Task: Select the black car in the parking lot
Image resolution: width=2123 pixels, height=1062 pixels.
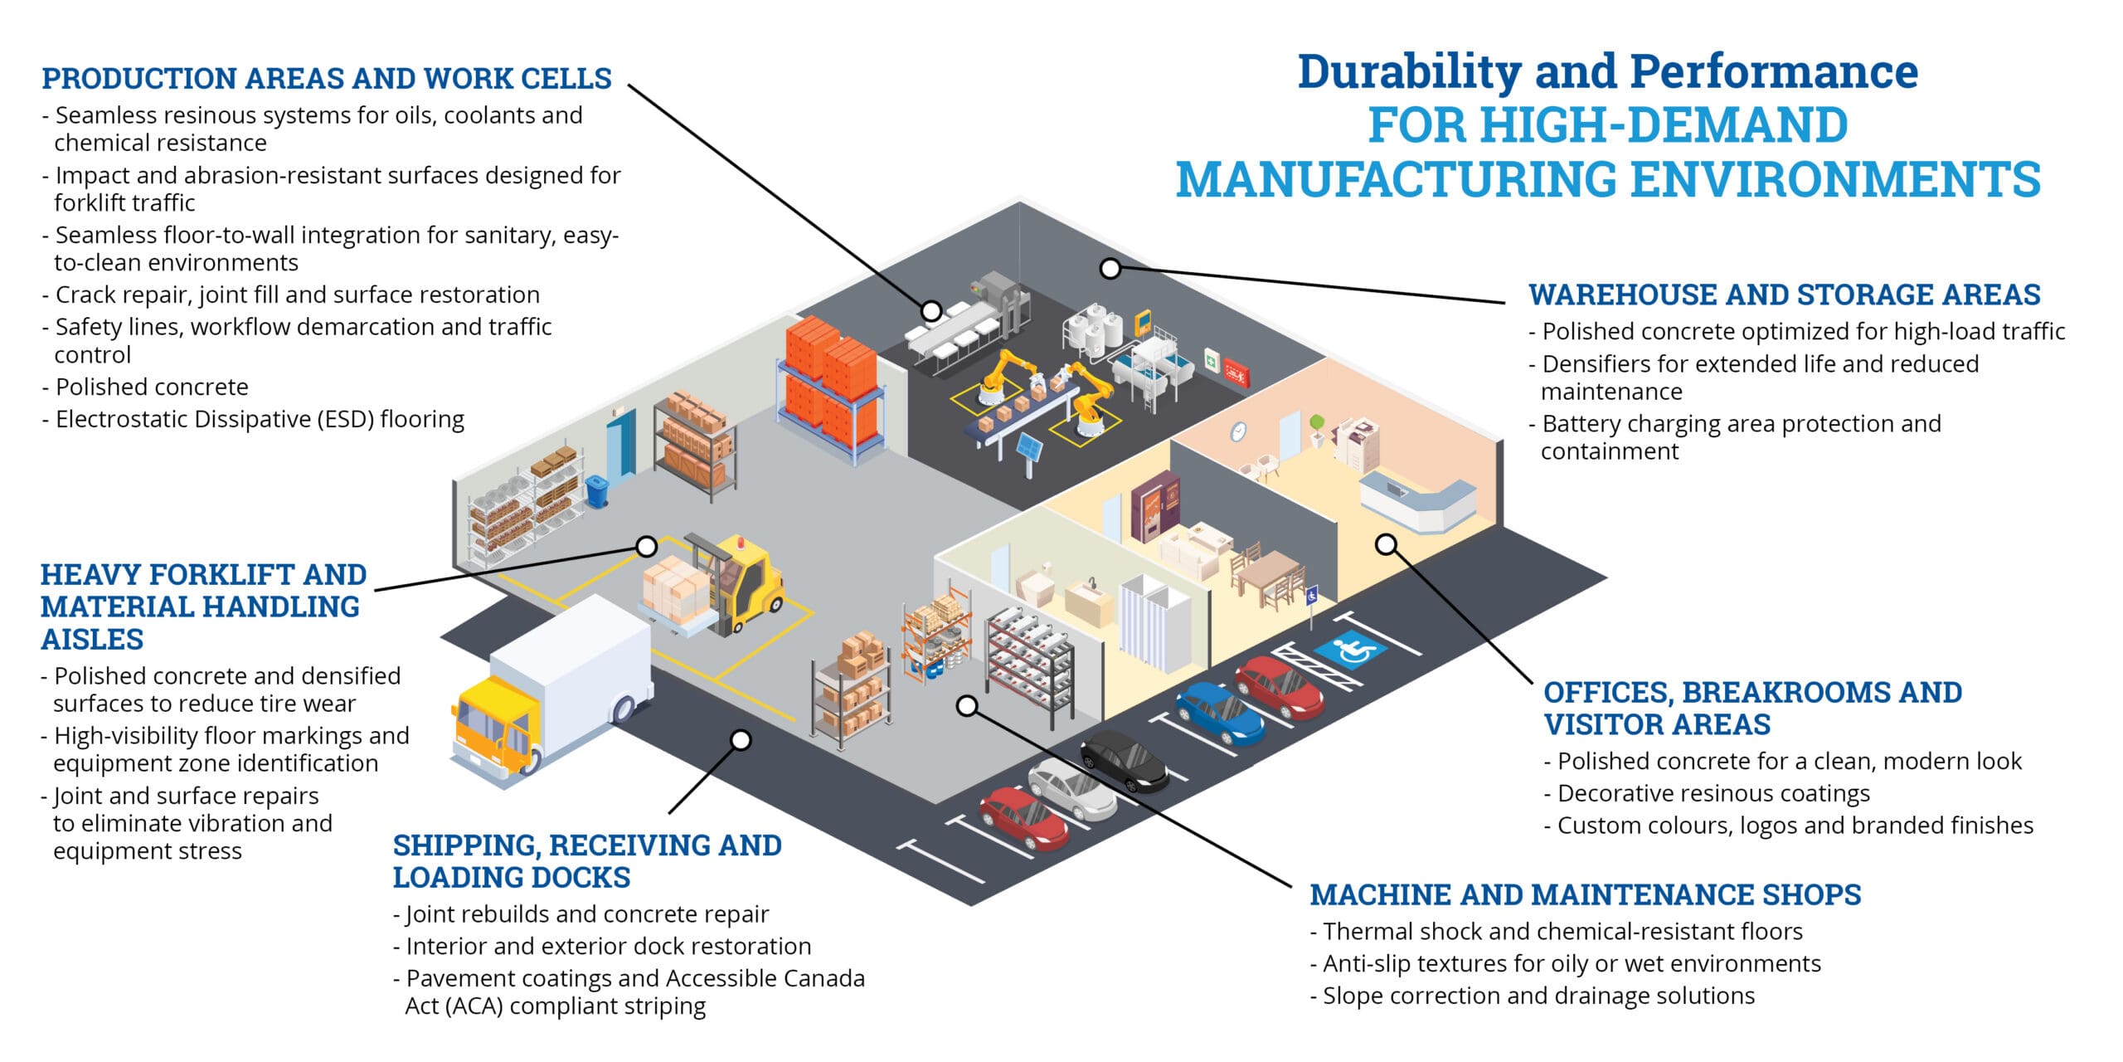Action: click(x=1125, y=760)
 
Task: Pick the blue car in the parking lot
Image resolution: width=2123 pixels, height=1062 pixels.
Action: click(x=1220, y=713)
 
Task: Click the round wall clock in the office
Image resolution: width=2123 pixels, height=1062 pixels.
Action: click(x=1237, y=431)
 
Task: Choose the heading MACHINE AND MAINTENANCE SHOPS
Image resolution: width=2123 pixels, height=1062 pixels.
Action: click(x=1586, y=894)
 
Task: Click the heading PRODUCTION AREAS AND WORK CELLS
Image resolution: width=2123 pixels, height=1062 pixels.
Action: click(x=327, y=78)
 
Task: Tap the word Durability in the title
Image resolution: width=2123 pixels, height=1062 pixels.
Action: click(x=1409, y=72)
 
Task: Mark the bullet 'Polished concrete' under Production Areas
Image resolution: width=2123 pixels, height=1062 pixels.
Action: click(x=146, y=387)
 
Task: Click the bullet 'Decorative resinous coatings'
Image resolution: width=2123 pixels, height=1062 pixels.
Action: click(x=1708, y=793)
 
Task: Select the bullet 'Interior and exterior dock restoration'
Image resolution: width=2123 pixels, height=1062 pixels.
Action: click(x=602, y=946)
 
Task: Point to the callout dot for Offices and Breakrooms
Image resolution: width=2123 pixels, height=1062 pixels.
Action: click(x=1386, y=544)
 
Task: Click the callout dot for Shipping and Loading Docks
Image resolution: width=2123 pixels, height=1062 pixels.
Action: click(x=741, y=739)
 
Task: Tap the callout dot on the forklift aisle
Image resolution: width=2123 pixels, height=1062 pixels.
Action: click(x=647, y=546)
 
